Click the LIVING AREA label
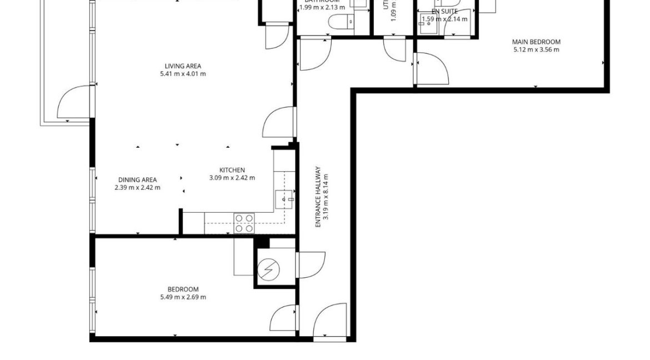pyautogui.click(x=182, y=66)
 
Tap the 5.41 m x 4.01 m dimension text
pyautogui.click(x=182, y=74)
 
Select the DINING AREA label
pyautogui.click(x=137, y=179)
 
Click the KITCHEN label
pyautogui.click(x=232, y=170)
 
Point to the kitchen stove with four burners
pyautogui.click(x=244, y=223)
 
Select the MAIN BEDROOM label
pyautogui.click(x=536, y=42)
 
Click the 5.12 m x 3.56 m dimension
pyautogui.click(x=536, y=49)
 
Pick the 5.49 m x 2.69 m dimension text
pyautogui.click(x=183, y=297)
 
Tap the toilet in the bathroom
pyautogui.click(x=338, y=22)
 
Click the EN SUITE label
pyautogui.click(x=444, y=11)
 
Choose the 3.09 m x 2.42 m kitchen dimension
pyautogui.click(x=232, y=178)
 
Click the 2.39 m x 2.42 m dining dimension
pyautogui.click(x=137, y=187)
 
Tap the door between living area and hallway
pyautogui.click(x=278, y=123)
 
